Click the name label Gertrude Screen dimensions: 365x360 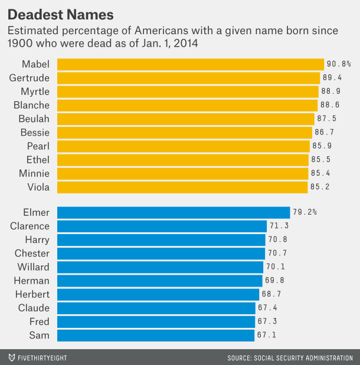click(30, 78)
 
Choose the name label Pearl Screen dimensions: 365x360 click(38, 146)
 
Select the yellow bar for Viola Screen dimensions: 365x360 click(182, 187)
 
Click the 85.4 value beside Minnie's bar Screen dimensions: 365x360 click(320, 173)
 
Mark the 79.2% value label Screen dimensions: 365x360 click(305, 212)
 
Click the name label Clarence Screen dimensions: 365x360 click(30, 226)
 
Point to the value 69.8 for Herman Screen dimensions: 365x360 click(276, 281)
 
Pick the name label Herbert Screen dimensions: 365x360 click(32, 294)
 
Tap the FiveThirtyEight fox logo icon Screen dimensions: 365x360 click(12, 357)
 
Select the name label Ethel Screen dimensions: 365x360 click(38, 160)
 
